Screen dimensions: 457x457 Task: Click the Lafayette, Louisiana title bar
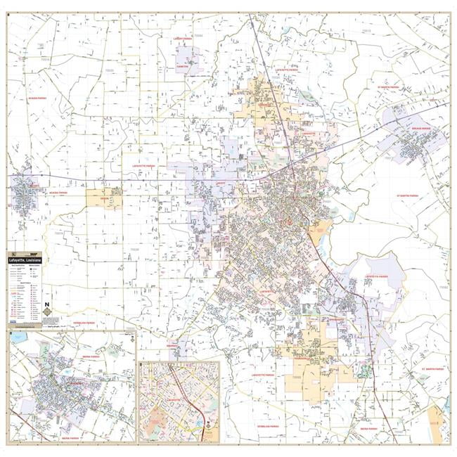click(25, 261)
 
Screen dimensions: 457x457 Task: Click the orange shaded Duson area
click(103, 199)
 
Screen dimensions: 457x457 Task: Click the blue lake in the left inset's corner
click(15, 338)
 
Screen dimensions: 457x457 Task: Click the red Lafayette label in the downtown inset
click(172, 397)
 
